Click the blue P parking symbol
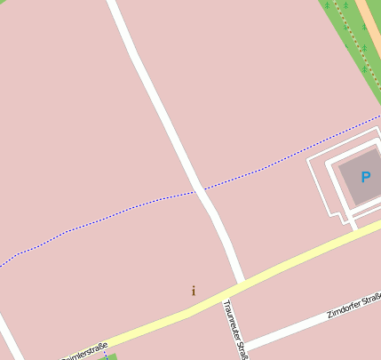point(365,177)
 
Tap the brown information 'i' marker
point(194,291)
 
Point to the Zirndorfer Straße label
point(353,304)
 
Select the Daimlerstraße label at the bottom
point(85,351)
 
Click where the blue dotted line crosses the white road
point(199,189)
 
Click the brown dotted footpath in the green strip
point(353,27)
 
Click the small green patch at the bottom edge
point(111,356)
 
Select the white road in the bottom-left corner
point(9,342)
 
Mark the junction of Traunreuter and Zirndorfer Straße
point(243,345)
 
